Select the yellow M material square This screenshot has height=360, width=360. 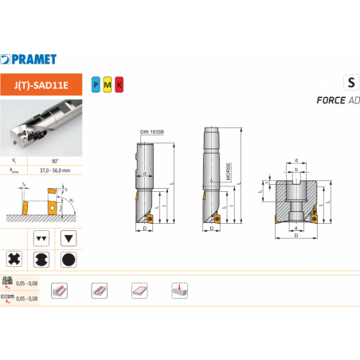tap(108, 83)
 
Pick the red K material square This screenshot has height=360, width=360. tap(119, 83)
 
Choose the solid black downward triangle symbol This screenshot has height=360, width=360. tap(70, 237)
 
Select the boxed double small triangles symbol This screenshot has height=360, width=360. tap(41, 237)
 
